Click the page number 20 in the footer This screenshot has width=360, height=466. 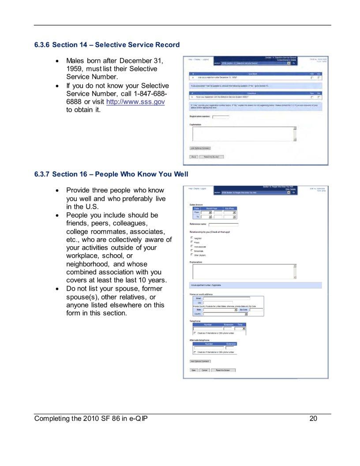pos(313,419)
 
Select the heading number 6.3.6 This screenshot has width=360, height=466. pos(42,45)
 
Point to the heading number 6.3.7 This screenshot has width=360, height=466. pos(42,174)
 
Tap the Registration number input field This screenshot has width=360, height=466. pos(221,117)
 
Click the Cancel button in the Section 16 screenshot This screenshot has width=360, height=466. pos(205,370)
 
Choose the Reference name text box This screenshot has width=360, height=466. pos(223,225)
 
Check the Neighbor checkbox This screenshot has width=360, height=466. pos(192,238)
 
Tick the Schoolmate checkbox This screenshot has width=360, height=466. pos(192,251)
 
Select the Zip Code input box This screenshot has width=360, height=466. pos(256,310)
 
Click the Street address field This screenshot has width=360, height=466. pos(226,299)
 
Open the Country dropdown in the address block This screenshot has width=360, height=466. pos(225,314)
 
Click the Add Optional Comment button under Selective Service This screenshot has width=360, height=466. pos(200,148)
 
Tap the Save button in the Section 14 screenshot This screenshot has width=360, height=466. pos(194,157)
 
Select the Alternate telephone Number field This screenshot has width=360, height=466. pos(209,348)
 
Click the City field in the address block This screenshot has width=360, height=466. pos(218,303)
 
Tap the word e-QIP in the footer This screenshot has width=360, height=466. pos(137,419)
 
